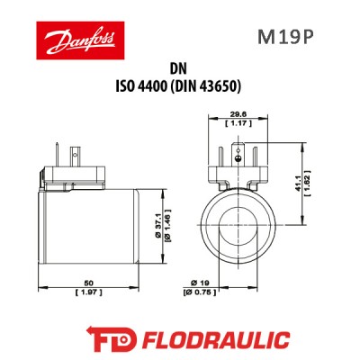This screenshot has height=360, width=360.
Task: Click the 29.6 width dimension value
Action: pyautogui.click(x=236, y=114)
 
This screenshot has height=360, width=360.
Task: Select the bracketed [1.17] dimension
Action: pyautogui.click(x=236, y=123)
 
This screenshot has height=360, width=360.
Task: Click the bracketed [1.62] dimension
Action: pyautogui.click(x=308, y=184)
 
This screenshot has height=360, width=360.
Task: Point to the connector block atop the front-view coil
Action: pyautogui.click(x=236, y=163)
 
